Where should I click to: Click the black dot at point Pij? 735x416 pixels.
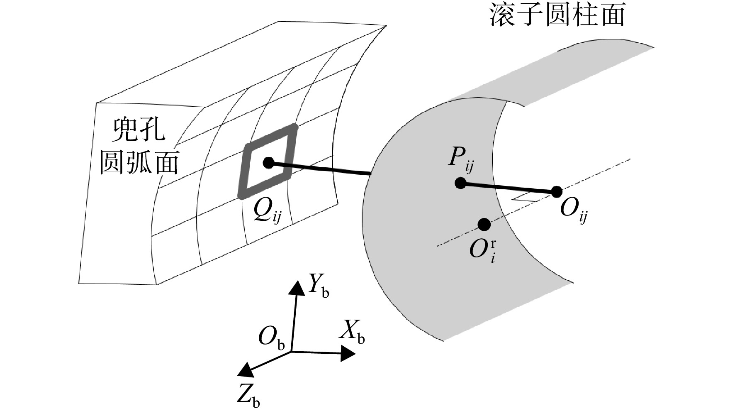coord(460,183)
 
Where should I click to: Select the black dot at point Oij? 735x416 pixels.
coord(557,192)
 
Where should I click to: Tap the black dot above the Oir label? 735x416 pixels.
coord(484,225)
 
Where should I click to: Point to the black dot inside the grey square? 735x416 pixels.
coord(268,163)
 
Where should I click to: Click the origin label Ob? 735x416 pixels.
coord(271,338)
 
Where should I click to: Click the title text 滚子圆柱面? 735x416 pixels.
coord(557,16)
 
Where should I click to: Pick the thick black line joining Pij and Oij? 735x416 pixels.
coord(508,188)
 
